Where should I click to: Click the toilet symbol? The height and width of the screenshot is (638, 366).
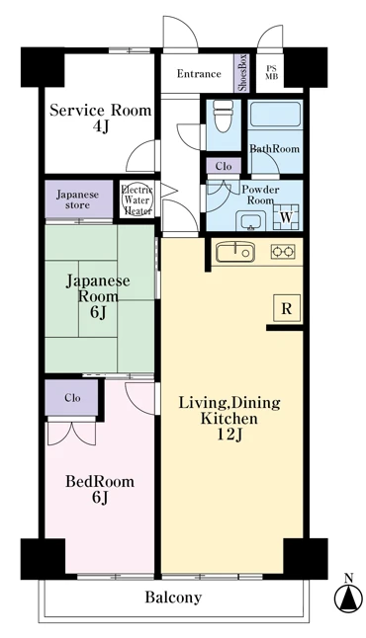(223, 116)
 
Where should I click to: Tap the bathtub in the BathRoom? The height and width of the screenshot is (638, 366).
(275, 115)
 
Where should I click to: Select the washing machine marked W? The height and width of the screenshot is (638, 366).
(287, 217)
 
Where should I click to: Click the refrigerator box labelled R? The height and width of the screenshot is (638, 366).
(287, 309)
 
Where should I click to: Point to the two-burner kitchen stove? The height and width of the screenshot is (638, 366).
(283, 253)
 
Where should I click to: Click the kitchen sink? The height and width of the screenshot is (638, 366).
(235, 252)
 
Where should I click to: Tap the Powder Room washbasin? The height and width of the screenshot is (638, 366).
(249, 222)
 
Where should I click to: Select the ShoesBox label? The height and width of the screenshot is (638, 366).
(242, 72)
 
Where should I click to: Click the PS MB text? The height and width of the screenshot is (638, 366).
(271, 72)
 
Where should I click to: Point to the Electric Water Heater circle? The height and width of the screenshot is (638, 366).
(138, 200)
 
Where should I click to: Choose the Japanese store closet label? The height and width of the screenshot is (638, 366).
(78, 199)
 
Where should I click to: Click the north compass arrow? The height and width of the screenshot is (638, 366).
(348, 598)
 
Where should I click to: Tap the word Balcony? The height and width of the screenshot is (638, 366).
(174, 598)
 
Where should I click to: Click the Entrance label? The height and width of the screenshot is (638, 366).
(199, 74)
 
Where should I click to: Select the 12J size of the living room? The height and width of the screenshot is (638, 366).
(229, 435)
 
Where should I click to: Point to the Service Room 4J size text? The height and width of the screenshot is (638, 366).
(100, 127)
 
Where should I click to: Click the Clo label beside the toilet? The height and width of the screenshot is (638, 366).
(224, 167)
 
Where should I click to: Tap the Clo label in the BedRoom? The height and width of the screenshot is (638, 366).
(72, 398)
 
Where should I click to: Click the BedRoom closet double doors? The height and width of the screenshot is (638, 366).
(72, 433)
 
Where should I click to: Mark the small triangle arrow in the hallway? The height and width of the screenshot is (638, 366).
(169, 190)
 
